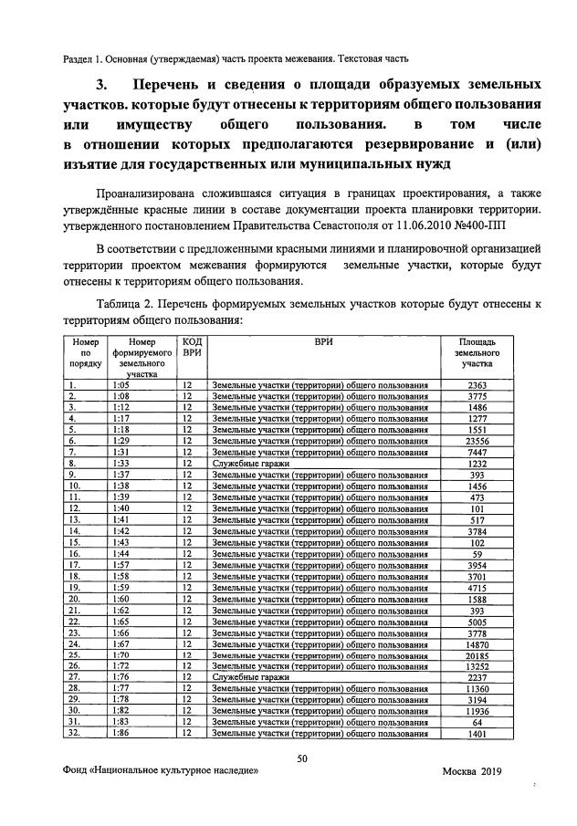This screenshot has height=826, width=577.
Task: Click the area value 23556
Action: pos(477,441)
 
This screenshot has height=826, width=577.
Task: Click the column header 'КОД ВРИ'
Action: pos(192,346)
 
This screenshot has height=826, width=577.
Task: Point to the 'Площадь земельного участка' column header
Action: pos(477,351)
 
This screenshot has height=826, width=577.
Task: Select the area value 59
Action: pos(477,553)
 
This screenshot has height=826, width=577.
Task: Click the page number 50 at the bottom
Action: pos(303,759)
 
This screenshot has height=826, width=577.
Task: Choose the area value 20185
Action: pos(477,654)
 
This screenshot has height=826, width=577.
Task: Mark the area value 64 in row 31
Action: pos(477,721)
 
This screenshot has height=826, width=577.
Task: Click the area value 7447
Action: pos(477,452)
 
